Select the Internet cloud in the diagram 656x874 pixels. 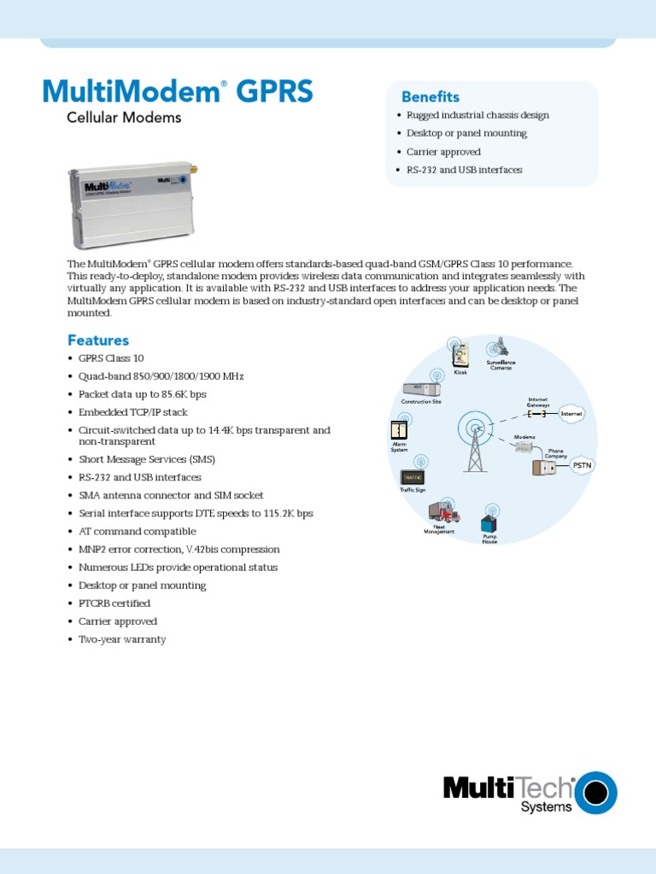[x=571, y=414]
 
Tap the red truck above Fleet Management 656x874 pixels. [x=444, y=512]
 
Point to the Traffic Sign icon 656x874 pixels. [x=413, y=477]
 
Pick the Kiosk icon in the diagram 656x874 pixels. [x=460, y=355]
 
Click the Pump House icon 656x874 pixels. [x=489, y=523]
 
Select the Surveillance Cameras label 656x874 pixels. [x=501, y=364]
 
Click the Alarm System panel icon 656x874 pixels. [x=398, y=430]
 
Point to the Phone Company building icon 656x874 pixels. [x=544, y=468]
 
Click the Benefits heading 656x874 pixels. [x=430, y=96]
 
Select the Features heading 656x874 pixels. [x=98, y=340]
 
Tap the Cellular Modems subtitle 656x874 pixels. [x=124, y=118]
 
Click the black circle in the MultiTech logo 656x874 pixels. [x=595, y=794]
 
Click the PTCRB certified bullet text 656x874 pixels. [x=114, y=603]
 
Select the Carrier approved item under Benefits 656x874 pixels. [x=442, y=152]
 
